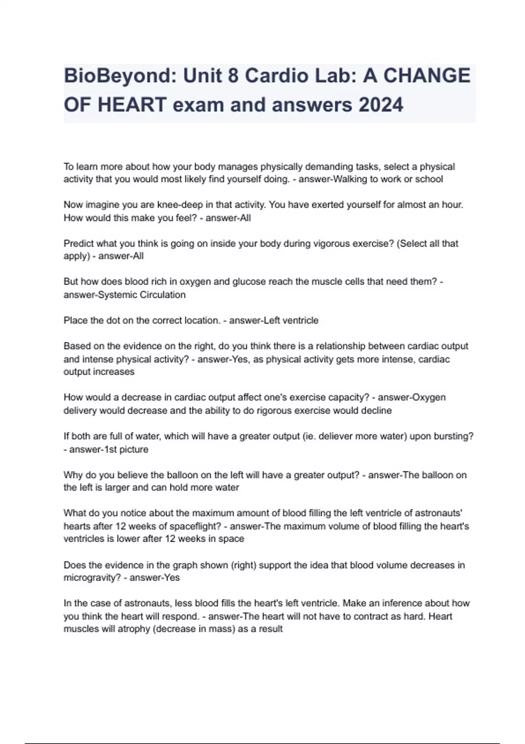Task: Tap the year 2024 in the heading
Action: (x=378, y=105)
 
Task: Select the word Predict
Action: (x=78, y=243)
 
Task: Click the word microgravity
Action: (x=91, y=577)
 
